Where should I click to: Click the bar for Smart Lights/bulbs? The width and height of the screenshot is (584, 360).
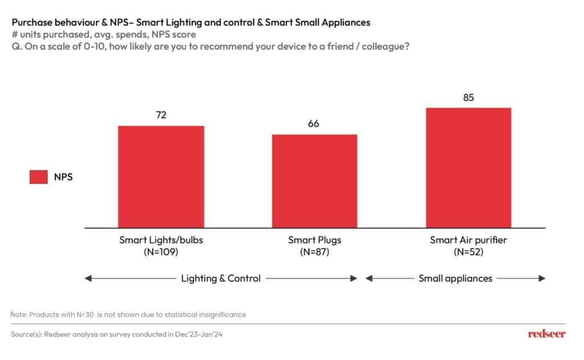(x=161, y=176)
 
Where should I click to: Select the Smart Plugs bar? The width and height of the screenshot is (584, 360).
(x=314, y=181)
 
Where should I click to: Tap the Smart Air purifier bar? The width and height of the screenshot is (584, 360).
(x=468, y=168)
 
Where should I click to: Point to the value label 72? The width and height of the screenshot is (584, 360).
(x=161, y=115)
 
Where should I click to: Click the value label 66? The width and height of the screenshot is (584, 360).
(x=314, y=124)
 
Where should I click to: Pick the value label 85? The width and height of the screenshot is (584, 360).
(x=468, y=98)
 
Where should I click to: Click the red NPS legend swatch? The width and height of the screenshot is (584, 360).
(x=38, y=177)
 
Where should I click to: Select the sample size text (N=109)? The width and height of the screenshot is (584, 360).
(x=161, y=252)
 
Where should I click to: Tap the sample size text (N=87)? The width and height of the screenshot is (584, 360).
(x=314, y=252)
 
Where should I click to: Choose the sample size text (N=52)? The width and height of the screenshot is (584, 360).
(x=468, y=252)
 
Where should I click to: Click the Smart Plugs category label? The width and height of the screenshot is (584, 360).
(x=314, y=240)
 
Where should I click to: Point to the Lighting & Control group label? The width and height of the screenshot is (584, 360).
(x=221, y=278)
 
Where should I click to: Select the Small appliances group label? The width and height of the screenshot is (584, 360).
(x=455, y=278)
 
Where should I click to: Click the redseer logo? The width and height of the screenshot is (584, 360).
(x=546, y=334)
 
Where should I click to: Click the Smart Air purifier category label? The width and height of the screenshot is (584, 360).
(x=468, y=240)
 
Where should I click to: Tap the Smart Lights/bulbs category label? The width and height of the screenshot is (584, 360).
(x=161, y=240)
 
